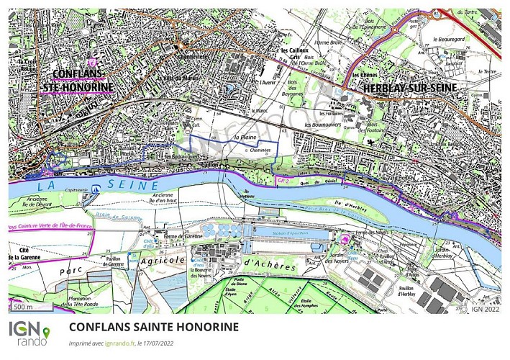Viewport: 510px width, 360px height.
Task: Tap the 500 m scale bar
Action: [x=27, y=307]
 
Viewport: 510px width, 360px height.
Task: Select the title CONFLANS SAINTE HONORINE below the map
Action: [x=154, y=327]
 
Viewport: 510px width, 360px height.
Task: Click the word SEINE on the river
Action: [x=129, y=186]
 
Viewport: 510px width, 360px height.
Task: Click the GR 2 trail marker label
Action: [x=282, y=183]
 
